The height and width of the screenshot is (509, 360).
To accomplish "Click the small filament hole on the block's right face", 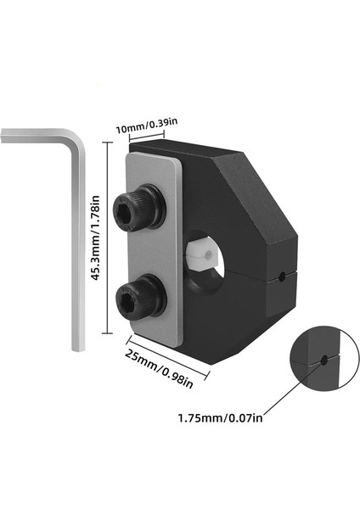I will [281, 276].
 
